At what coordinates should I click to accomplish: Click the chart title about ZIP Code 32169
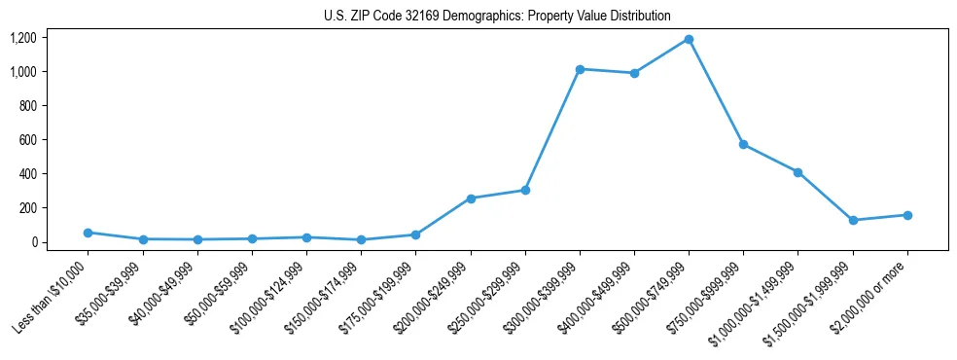[x=497, y=16]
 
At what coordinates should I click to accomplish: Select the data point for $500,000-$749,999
[x=689, y=39]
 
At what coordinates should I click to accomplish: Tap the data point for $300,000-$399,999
[x=580, y=69]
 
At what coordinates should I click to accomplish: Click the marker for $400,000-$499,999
[x=634, y=73]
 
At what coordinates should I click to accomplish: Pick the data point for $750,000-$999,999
[x=743, y=144]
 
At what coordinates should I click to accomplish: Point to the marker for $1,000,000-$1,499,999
[x=797, y=172]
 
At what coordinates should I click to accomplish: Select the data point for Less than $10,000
[x=89, y=233]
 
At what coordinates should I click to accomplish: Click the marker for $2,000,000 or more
[x=907, y=215]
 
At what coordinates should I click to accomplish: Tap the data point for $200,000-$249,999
[x=471, y=198]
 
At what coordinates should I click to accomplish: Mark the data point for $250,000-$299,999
[x=525, y=190]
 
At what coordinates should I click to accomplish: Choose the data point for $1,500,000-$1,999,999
[x=853, y=220]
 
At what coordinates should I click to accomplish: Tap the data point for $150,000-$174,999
[x=362, y=239]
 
